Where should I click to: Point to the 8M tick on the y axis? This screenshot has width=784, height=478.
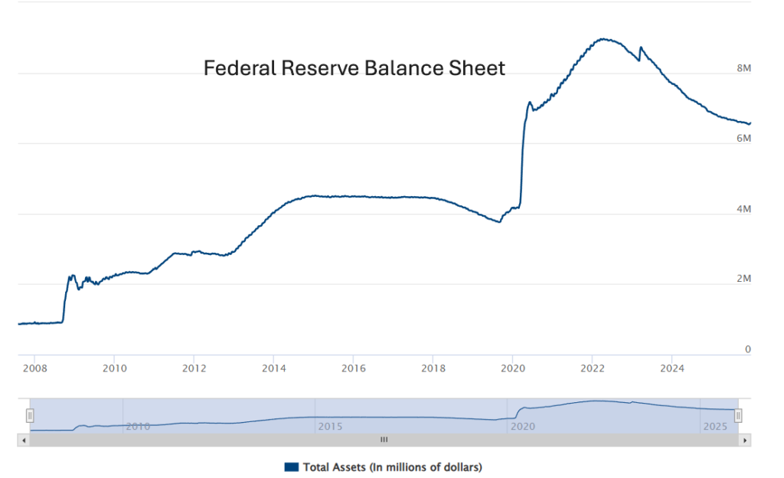pos(743,68)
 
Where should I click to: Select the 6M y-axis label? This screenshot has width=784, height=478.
pos(743,138)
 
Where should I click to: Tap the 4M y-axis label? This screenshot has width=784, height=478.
pos(743,208)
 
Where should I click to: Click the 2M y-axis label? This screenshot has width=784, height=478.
pos(743,279)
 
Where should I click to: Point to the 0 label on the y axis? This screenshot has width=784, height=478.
pos(748,349)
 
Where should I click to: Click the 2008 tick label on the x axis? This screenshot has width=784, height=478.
pos(34,368)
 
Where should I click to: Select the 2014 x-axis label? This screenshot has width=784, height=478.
pos(273,368)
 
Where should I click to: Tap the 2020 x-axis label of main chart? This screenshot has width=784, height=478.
pos(512,368)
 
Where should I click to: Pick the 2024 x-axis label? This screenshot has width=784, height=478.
pos(671,368)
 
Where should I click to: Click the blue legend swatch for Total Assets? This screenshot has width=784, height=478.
pos(291,467)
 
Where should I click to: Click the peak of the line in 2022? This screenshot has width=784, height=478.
pos(603,39)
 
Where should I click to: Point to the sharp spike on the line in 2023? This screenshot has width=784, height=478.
pos(641,47)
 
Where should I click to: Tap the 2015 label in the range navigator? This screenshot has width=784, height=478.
pos(330,426)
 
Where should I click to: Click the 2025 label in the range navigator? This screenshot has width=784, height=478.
pos(716,426)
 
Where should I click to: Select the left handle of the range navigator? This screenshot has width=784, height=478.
pos(30,415)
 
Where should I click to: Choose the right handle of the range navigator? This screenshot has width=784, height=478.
pos(738,415)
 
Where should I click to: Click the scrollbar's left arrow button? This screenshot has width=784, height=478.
pos(23,440)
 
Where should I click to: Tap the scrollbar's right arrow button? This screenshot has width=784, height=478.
pos(745,440)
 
